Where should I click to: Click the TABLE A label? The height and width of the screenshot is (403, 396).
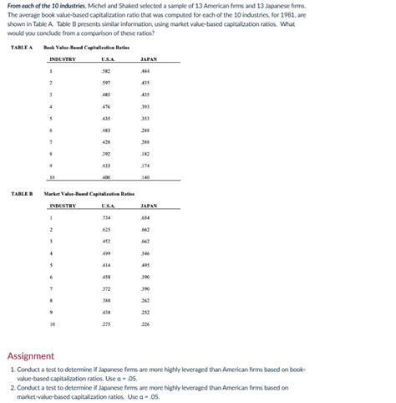(x=21, y=48)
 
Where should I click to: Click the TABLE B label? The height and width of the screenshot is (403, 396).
(x=21, y=193)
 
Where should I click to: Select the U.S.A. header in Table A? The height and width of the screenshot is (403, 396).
(x=107, y=59)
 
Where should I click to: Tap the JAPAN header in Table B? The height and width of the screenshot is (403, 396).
(x=150, y=205)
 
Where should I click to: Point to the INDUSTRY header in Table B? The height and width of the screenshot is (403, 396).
(x=63, y=205)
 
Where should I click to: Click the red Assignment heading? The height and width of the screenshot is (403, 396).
(x=31, y=355)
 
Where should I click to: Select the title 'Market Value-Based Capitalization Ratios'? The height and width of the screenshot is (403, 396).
(x=89, y=193)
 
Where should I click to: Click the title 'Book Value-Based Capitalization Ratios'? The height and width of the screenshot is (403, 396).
(x=87, y=48)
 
